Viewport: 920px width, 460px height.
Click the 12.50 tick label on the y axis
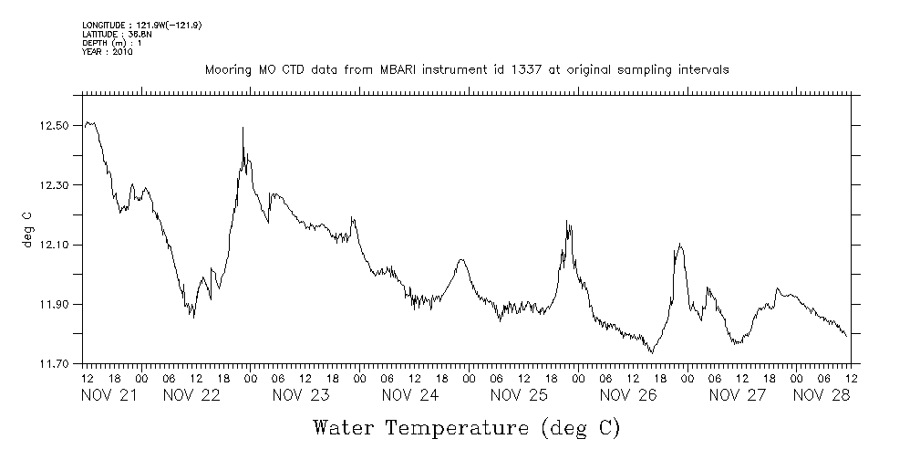click(56, 125)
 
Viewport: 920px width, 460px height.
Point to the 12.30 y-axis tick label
click(56, 185)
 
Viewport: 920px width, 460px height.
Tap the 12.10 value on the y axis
click(56, 246)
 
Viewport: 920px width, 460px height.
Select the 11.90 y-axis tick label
click(56, 305)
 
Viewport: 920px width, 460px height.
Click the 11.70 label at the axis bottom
click(56, 364)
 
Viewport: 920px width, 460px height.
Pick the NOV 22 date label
click(191, 395)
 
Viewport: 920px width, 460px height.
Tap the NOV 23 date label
click(300, 395)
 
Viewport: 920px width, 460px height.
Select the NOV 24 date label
click(409, 395)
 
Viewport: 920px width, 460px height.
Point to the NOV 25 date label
click(519, 395)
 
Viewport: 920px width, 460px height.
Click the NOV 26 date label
click(628, 395)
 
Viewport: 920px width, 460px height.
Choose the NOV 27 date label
click(737, 395)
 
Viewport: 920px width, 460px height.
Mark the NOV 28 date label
click(822, 395)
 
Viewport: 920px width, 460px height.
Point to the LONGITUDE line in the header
click(140, 26)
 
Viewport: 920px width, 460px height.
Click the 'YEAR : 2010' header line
click(108, 53)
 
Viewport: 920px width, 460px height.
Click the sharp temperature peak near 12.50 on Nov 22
click(243, 129)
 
